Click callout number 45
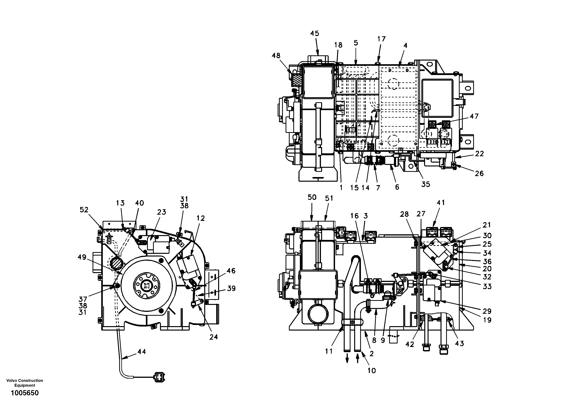315,34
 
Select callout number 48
276,56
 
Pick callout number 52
84,210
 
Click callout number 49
82,257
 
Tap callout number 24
213,337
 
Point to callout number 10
372,370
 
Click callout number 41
441,202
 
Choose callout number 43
459,344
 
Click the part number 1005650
25,393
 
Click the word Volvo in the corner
11,381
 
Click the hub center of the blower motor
146,285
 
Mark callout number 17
381,39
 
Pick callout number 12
201,218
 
